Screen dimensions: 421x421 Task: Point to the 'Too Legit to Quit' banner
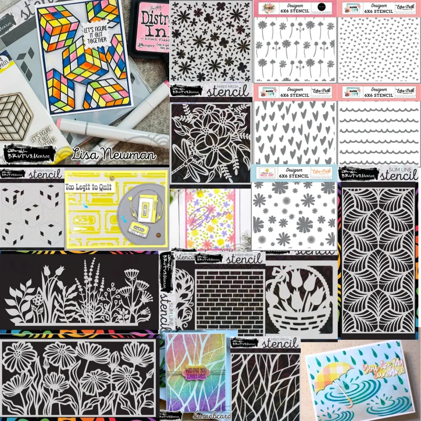point(89,186)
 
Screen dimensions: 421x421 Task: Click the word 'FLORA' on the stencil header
point(269,6)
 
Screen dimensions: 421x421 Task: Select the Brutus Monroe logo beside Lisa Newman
point(30,152)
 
